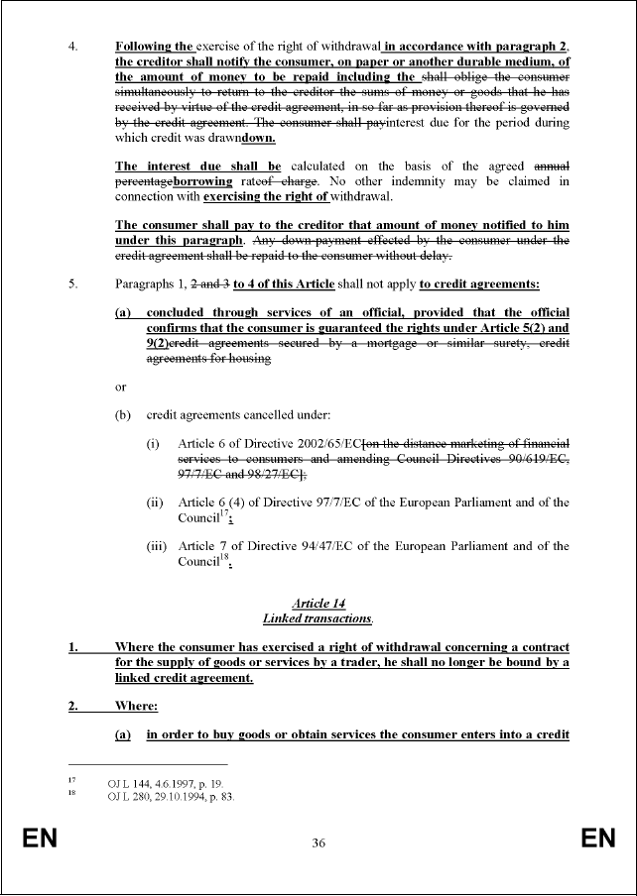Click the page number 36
318,843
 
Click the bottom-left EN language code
41,840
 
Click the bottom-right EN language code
598,840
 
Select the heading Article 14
318,604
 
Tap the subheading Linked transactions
318,618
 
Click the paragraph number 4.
71,46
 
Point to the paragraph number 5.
71,284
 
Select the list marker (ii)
155,502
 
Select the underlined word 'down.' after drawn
242,137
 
